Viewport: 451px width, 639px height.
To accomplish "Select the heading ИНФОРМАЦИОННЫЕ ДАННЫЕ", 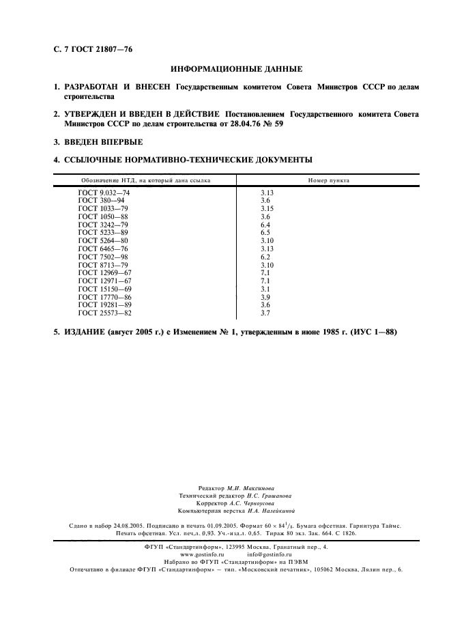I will pyautogui.click(x=235, y=69).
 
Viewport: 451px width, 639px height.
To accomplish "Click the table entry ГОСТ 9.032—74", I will pyautogui.click(x=104, y=194).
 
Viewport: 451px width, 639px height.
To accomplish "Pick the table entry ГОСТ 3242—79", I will pyautogui.click(x=102, y=225).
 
